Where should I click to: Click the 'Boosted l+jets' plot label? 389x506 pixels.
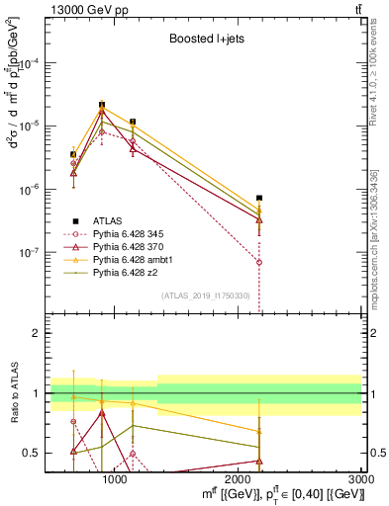click(206, 40)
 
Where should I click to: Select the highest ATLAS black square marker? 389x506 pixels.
click(102, 104)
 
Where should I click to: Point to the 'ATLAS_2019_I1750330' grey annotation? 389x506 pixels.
click(207, 296)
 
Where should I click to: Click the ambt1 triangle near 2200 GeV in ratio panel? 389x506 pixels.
click(259, 431)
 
